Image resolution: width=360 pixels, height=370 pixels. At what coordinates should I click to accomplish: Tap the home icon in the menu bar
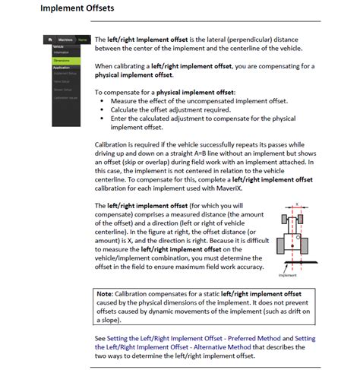[49, 39]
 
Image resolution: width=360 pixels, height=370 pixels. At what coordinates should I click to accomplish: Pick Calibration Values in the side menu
[66, 96]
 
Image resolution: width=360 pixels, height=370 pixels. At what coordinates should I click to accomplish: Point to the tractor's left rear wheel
[282, 242]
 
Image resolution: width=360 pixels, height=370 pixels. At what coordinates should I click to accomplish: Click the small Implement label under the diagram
[289, 275]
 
